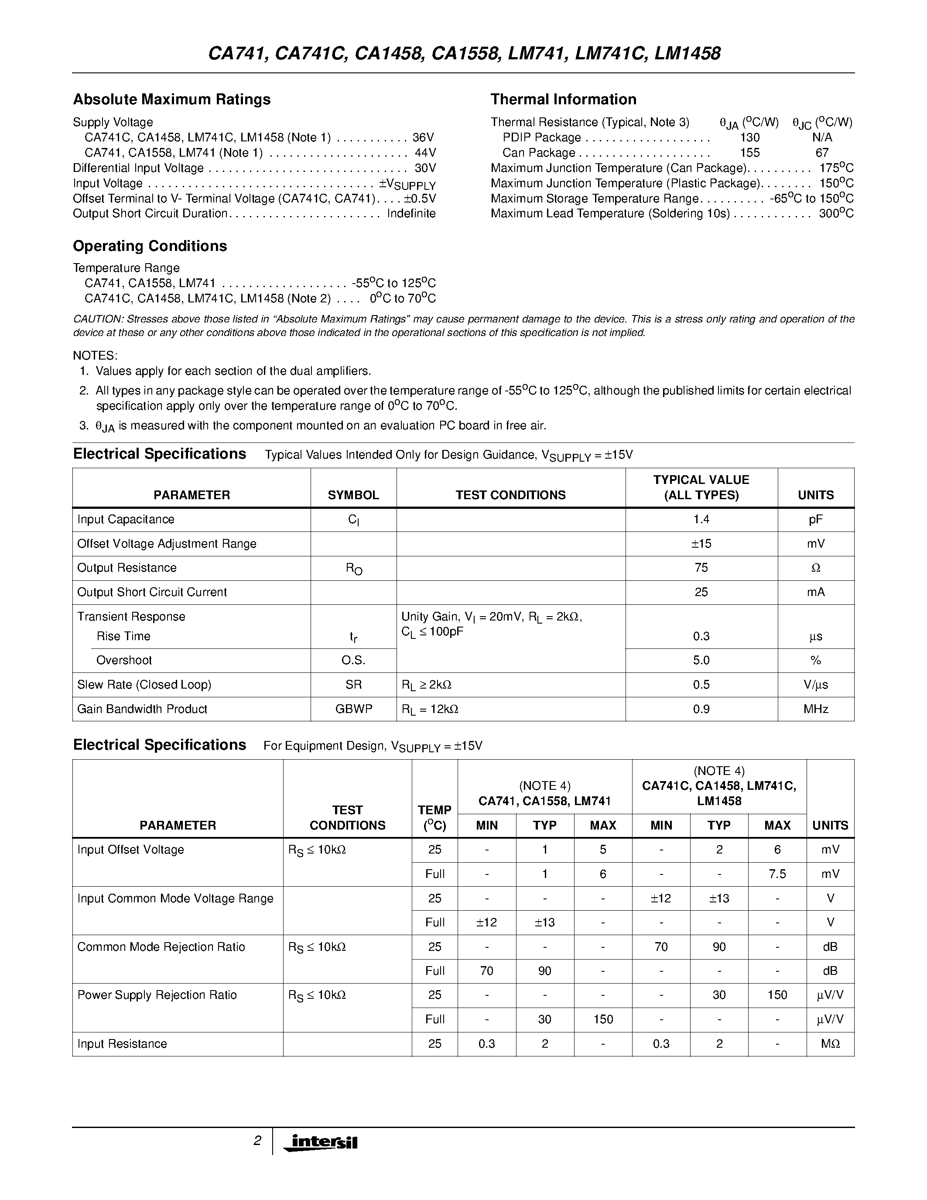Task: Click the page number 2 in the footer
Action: [257, 1141]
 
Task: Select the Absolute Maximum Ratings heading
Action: [172, 99]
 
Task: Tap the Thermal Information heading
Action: [564, 99]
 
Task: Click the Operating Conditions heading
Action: [150, 246]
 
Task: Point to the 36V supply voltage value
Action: [424, 137]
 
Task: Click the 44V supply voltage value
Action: [425, 153]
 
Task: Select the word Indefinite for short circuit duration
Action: [411, 214]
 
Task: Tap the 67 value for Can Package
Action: [822, 153]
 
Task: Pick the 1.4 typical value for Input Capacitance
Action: [701, 519]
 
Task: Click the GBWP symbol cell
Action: [354, 709]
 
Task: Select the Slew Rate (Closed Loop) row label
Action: [144, 685]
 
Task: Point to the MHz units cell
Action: [815, 709]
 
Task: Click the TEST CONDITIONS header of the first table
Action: [510, 495]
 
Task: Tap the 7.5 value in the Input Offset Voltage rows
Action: [777, 874]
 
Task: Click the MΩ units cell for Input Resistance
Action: [830, 1043]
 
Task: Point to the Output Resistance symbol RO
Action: [354, 569]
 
